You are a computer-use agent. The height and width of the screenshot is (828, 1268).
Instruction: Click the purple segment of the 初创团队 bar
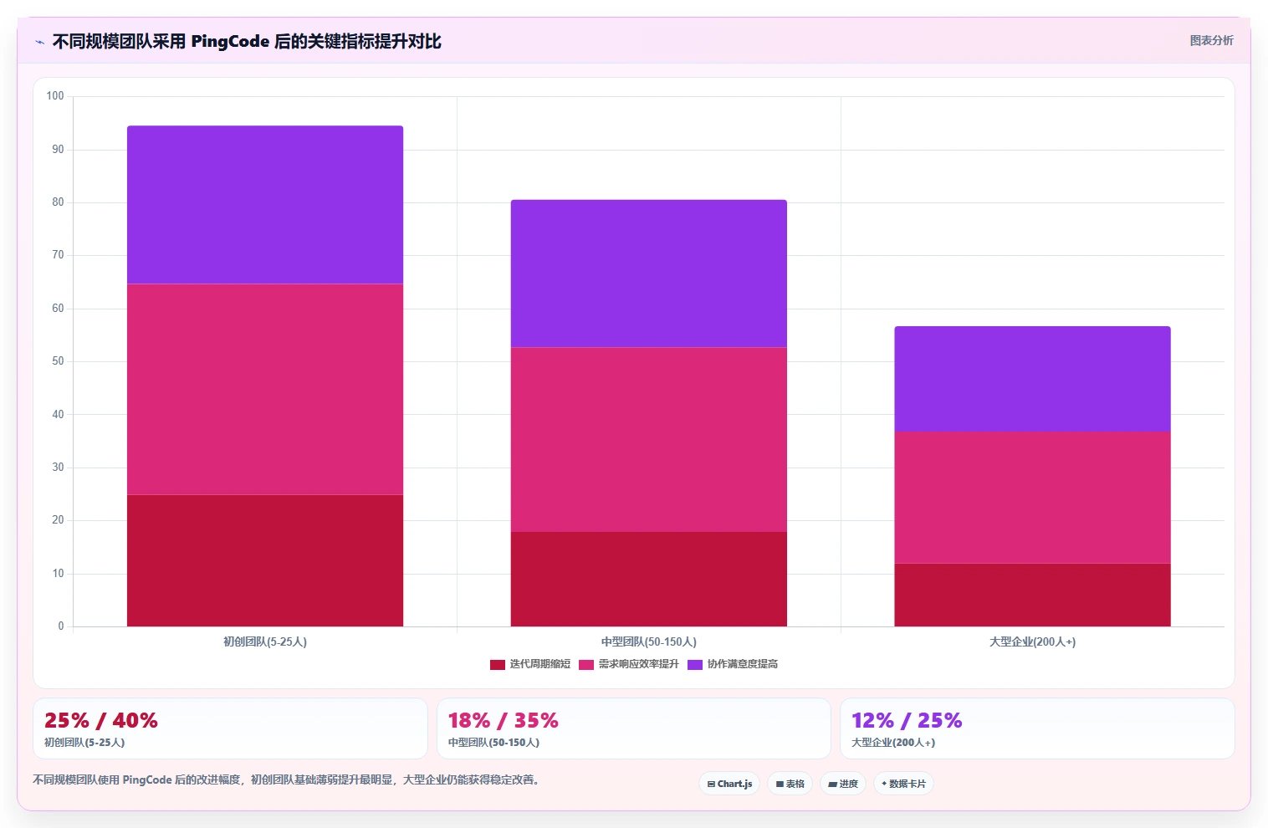tap(265, 204)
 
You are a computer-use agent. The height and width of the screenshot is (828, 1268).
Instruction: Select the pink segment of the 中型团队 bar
tap(649, 439)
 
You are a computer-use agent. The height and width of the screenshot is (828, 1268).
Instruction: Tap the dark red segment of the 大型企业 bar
tap(1032, 595)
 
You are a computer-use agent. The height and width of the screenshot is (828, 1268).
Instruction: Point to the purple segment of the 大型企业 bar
tap(1032, 379)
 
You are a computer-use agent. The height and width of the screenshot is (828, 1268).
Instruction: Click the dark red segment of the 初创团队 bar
tap(265, 560)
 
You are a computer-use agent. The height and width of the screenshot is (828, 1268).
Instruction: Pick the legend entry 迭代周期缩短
tap(530, 664)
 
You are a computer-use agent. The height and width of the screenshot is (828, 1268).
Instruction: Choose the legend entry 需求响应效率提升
tap(629, 664)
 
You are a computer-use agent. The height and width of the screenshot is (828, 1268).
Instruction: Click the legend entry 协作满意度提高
tap(733, 664)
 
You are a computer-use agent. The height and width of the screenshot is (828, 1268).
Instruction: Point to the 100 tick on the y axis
tap(55, 95)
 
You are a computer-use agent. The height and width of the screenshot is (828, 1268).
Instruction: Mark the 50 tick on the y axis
tap(58, 361)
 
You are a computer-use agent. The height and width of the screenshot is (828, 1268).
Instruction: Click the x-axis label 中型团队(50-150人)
tap(649, 641)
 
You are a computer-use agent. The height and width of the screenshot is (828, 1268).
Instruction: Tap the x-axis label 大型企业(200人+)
tap(1032, 641)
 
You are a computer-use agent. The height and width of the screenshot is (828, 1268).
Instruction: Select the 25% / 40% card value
tap(100, 720)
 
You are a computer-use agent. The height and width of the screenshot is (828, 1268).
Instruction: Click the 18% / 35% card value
tap(504, 720)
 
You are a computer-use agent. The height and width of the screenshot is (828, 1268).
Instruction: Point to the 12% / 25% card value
tap(907, 720)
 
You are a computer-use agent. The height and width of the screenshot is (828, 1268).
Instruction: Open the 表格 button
tap(790, 784)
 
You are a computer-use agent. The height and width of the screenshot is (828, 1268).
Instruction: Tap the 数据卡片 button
tap(903, 784)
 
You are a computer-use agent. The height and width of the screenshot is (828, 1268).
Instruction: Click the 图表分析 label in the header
tap(1211, 41)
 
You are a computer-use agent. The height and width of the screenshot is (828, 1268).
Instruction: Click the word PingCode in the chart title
tap(230, 42)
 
